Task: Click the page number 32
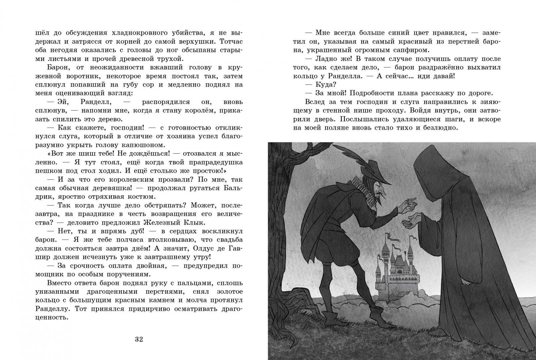tap(139, 339)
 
